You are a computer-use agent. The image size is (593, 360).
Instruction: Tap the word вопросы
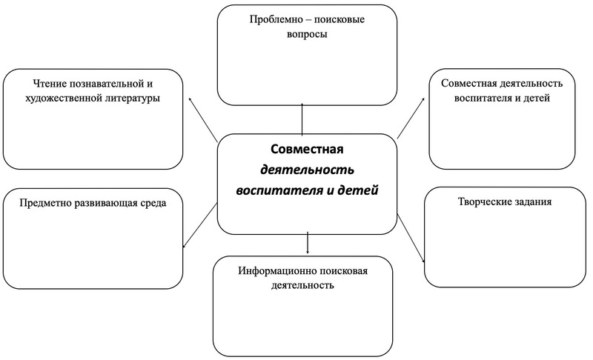click(307, 34)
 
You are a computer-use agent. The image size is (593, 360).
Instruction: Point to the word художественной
click(60, 99)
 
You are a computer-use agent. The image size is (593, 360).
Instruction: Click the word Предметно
click(45, 203)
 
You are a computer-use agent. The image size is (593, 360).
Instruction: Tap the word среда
click(153, 203)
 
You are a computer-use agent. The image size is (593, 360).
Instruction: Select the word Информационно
click(277, 271)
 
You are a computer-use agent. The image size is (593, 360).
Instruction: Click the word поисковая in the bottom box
click(343, 271)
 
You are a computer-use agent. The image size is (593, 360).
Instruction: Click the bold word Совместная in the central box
click(307, 149)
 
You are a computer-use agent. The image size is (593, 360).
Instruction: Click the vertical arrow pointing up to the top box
click(302, 119)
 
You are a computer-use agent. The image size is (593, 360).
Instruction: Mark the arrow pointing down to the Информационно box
click(308, 242)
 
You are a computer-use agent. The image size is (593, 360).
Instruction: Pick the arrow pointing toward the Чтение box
click(202, 119)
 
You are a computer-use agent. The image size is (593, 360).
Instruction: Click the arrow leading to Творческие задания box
click(411, 238)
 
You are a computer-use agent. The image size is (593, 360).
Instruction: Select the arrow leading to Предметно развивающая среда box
click(199, 225)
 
